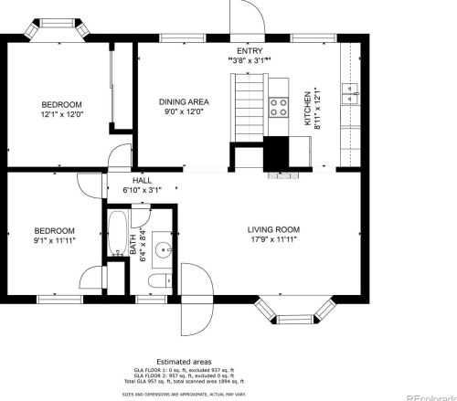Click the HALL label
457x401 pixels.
(142, 181)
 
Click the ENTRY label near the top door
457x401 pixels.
(249, 50)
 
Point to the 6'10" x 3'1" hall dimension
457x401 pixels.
(142, 191)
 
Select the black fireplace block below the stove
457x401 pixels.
(276, 154)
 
